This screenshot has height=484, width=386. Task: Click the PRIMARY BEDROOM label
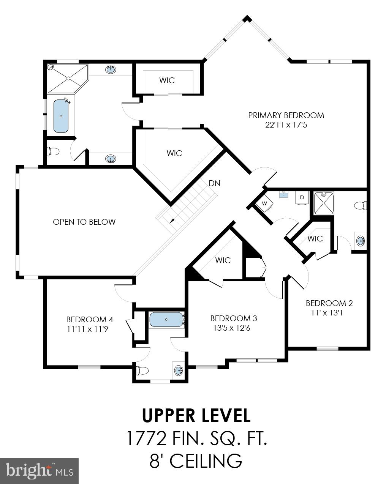286,115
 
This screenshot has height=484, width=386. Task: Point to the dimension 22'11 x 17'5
286,125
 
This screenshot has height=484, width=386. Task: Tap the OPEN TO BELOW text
84,222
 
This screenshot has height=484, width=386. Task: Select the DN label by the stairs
214,183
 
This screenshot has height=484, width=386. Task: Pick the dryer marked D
302,197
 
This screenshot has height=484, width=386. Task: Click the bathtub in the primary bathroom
61,116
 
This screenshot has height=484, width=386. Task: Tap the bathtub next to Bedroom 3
166,320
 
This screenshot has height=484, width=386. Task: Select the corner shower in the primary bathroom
67,78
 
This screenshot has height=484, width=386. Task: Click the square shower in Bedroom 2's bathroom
323,203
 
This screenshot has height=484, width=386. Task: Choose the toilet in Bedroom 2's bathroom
360,206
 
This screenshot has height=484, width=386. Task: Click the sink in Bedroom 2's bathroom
360,240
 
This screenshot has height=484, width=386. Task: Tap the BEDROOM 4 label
89,320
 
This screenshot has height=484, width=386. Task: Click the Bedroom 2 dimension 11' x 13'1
329,313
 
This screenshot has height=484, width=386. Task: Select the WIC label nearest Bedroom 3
223,260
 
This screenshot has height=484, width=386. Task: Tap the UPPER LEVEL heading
196,416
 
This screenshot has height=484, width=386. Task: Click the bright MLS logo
40,471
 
